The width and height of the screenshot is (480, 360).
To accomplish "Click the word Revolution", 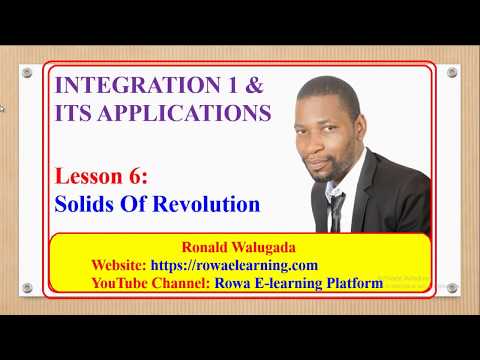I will tap(210, 204).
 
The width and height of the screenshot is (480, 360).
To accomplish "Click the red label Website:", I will tap(118, 265).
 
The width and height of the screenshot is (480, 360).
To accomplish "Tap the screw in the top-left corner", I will tap(27, 73).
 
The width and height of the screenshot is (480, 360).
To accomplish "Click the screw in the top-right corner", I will tap(451, 73).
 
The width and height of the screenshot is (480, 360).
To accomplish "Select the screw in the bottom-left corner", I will tap(27, 288).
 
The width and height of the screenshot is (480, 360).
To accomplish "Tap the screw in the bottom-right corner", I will tap(451, 288).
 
